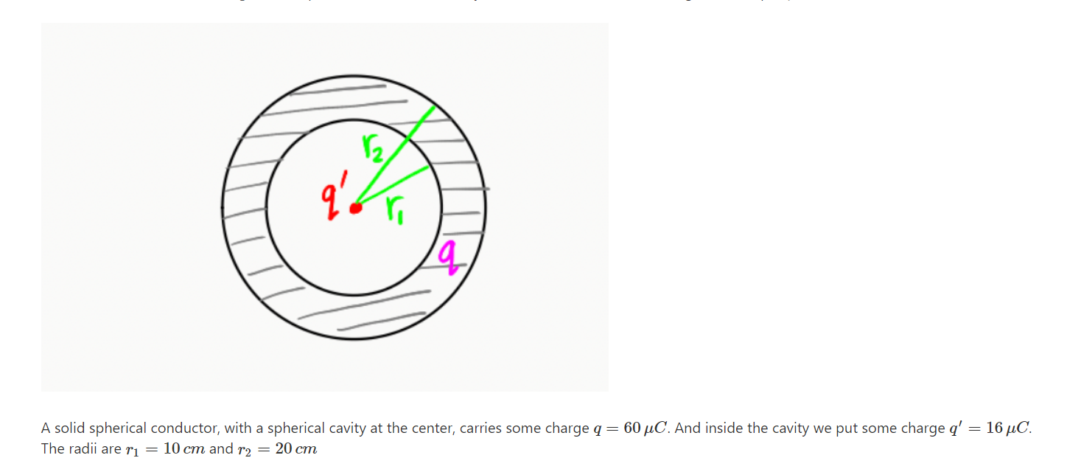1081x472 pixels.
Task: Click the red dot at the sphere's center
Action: click(x=356, y=208)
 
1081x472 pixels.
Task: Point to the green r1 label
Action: click(x=391, y=214)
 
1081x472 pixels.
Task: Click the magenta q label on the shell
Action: click(x=448, y=258)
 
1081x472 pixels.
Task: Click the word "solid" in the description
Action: click(x=68, y=428)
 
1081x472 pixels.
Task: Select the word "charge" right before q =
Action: click(x=567, y=428)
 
